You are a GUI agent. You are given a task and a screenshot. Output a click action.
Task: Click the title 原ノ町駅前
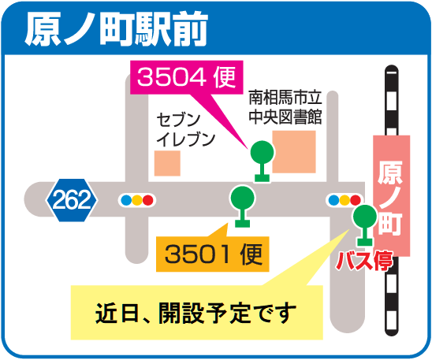click(116, 29)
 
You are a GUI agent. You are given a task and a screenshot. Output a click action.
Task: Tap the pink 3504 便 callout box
click(187, 77)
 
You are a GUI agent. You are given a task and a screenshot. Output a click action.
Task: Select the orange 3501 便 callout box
click(212, 254)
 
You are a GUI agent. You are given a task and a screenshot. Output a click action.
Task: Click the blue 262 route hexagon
click(72, 200)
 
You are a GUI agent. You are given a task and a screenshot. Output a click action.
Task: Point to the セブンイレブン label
click(185, 130)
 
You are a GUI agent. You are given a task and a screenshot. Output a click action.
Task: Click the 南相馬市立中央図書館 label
click(285, 107)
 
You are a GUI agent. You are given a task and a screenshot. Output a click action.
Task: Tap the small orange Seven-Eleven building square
click(167, 163)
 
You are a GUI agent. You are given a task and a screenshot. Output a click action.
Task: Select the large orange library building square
click(294, 152)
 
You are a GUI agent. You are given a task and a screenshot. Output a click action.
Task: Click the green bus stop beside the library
click(262, 161)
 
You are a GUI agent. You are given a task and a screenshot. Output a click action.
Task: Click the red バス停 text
click(364, 261)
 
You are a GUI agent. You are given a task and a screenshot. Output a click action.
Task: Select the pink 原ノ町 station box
click(392, 195)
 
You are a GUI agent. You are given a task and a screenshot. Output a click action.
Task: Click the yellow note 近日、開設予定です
click(197, 313)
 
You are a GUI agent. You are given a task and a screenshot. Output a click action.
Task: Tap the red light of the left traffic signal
click(147, 200)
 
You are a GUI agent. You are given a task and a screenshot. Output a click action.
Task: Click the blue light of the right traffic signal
click(334, 200)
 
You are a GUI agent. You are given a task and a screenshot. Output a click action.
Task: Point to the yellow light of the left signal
click(137, 200)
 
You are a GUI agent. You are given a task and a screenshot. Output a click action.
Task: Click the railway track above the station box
click(392, 101)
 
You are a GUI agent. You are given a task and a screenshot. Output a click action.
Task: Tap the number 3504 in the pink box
click(171, 77)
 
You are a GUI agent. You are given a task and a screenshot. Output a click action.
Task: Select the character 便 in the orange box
click(251, 254)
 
